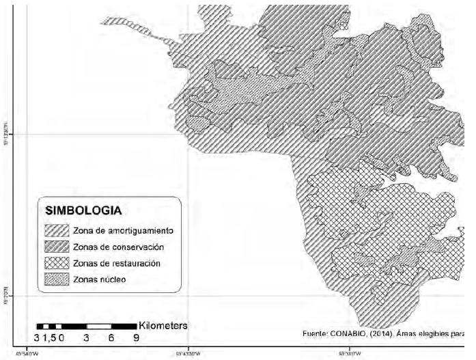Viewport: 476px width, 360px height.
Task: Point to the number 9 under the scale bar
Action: (x=136, y=337)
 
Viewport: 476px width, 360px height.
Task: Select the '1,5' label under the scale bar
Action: (x=53, y=337)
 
